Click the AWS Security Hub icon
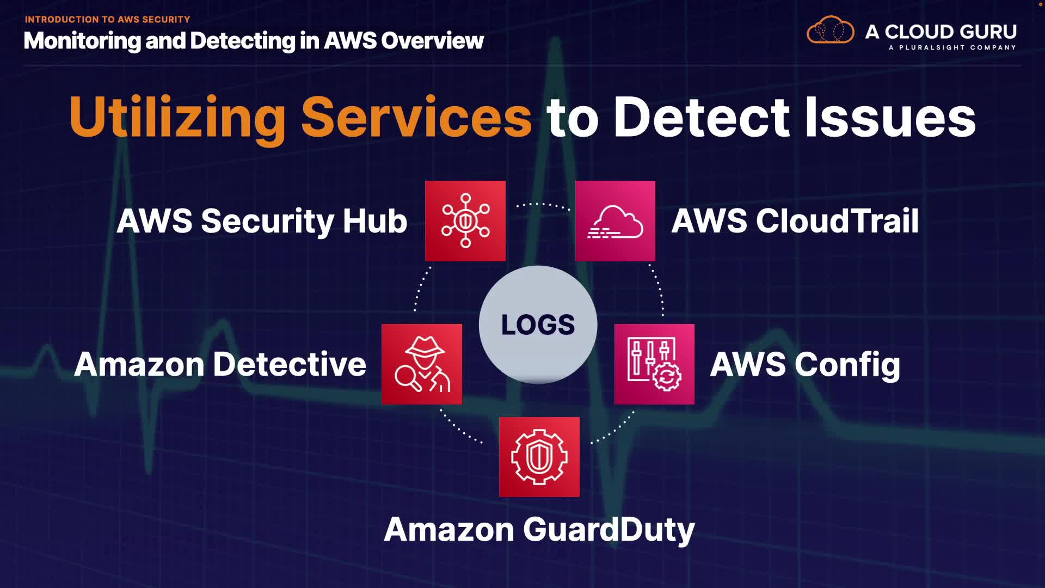465,221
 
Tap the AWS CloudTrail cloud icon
615,221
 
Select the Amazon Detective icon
422,364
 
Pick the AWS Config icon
654,364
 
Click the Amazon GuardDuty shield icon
539,457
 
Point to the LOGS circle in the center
538,324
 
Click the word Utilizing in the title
177,118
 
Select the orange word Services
416,118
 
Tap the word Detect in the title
701,118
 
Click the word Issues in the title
890,118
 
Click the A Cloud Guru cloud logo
830,30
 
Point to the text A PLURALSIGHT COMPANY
952,48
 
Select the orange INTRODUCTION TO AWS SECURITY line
107,20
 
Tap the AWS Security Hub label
262,221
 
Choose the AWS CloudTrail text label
795,221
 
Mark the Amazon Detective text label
220,364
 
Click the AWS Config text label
805,364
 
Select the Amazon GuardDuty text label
539,529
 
